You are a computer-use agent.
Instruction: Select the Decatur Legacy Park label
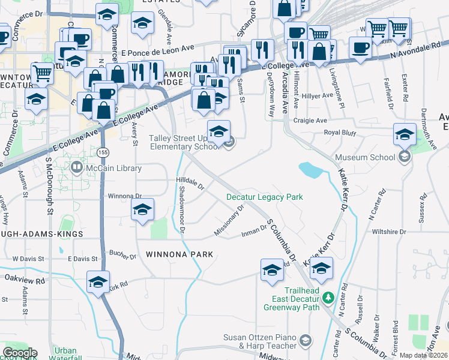tap(264, 197)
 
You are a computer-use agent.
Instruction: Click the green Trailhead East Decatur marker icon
tap(328, 297)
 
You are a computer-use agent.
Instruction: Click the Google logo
tap(20, 353)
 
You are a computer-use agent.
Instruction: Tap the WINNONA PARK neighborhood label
tap(179, 254)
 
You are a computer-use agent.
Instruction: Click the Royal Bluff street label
tap(340, 133)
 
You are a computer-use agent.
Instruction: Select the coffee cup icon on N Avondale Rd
tap(360, 47)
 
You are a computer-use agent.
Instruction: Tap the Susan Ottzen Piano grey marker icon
tap(306, 341)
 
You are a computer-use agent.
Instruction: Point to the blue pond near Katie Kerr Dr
tap(311, 170)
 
